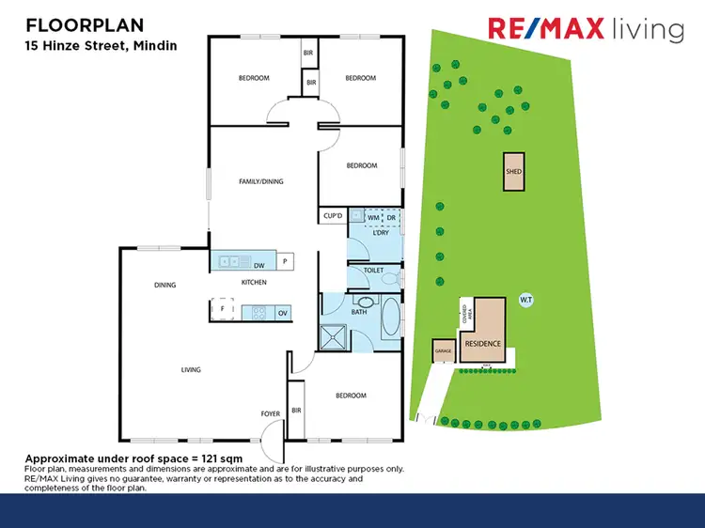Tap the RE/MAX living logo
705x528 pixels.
coord(586,29)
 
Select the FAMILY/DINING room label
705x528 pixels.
coord(260,181)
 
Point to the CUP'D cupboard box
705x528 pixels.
coord(333,216)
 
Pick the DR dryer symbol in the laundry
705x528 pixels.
coord(391,217)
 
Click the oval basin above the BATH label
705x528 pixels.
coord(362,303)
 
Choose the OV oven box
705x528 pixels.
coord(282,311)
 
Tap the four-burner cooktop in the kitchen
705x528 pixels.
coord(256,311)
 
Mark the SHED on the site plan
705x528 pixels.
coord(513,172)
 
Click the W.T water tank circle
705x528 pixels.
coord(526,300)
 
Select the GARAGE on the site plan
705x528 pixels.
coord(443,351)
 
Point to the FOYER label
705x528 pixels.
coord(270,412)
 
